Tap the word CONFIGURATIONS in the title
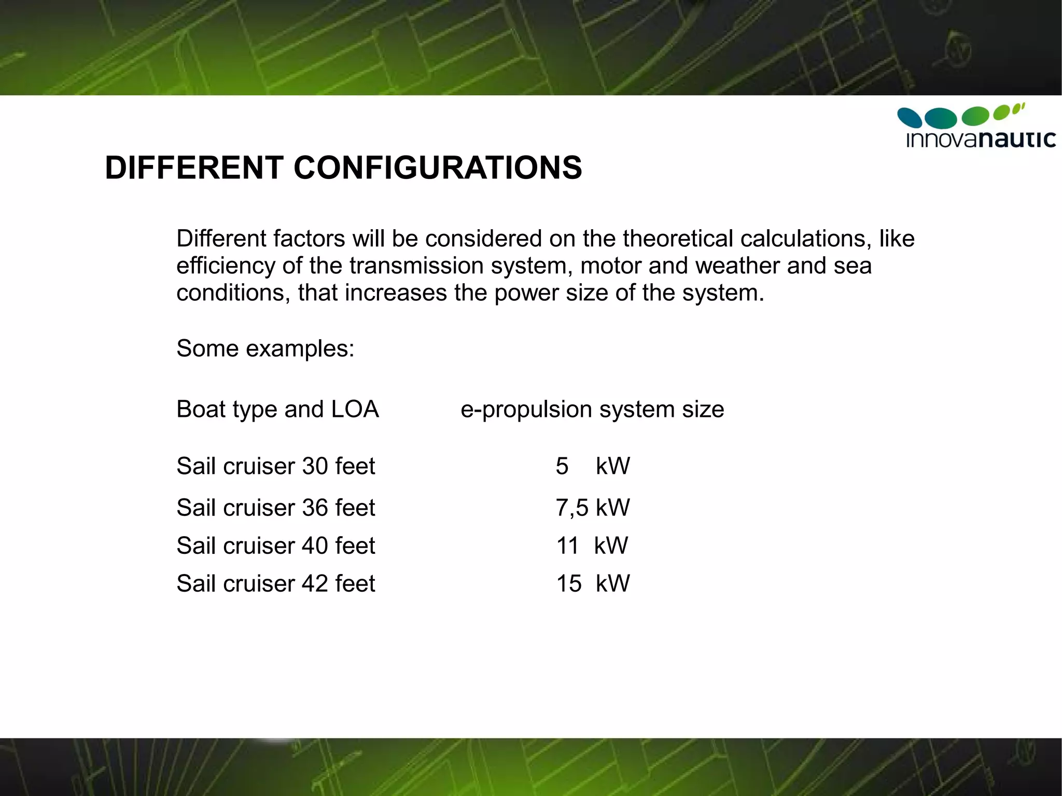click(438, 168)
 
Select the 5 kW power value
click(593, 466)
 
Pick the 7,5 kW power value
click(593, 507)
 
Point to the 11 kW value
click(592, 546)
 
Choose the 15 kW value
click(593, 583)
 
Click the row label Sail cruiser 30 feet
click(275, 466)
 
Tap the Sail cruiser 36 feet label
click(275, 507)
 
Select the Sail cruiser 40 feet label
click(275, 546)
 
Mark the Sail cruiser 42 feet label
click(275, 583)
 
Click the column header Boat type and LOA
click(277, 409)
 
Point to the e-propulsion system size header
click(592, 409)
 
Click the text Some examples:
click(265, 348)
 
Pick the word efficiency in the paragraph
click(226, 266)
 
